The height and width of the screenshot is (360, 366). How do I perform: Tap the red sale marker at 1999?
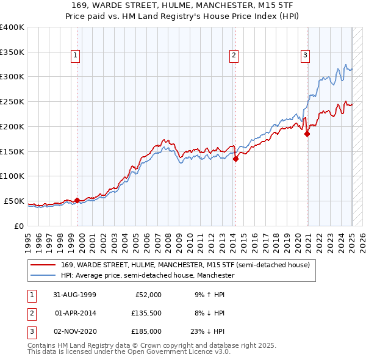click(x=77, y=200)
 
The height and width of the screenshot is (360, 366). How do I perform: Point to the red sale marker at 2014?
click(x=235, y=159)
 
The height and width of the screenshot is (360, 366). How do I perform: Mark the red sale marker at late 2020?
click(x=307, y=134)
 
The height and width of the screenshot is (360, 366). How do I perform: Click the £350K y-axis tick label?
click(x=12, y=52)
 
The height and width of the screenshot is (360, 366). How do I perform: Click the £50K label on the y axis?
click(x=14, y=201)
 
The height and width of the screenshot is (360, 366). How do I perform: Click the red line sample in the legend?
click(x=43, y=265)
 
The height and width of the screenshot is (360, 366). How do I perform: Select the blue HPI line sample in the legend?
click(x=43, y=276)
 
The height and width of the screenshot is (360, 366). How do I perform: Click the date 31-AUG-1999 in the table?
click(x=76, y=295)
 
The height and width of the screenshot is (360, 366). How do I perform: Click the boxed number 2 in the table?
click(x=30, y=313)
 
